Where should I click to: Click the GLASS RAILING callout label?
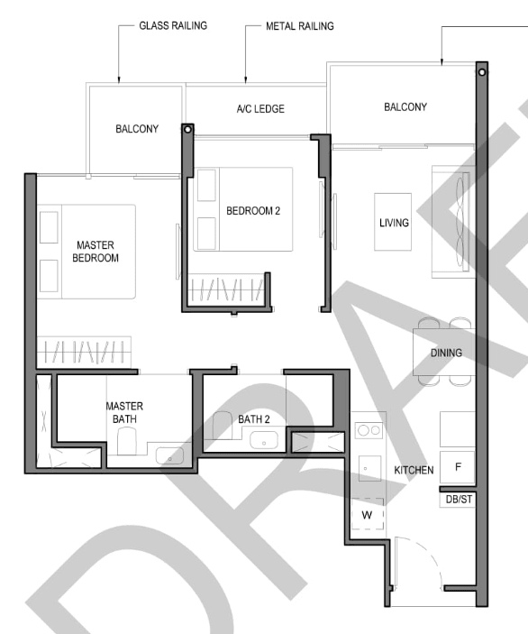tap(173, 26)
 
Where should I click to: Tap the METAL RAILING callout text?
tap(300, 26)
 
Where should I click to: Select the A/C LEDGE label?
tap(260, 109)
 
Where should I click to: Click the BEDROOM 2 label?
tap(253, 211)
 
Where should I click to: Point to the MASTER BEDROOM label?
tap(96, 252)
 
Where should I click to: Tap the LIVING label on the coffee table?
tap(394, 223)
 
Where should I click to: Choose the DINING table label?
tap(446, 353)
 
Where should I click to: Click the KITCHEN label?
tap(414, 470)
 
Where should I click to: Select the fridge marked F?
tap(458, 467)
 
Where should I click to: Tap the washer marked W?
tap(368, 514)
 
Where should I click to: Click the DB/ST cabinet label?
tap(459, 500)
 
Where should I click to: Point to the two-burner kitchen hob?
tap(369, 430)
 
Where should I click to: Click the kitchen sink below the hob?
tap(369, 468)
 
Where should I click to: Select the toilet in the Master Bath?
tap(127, 442)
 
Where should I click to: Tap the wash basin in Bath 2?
tap(264, 440)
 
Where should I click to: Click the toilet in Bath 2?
tap(223, 425)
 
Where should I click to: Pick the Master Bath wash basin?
tap(169, 455)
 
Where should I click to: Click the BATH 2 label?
tap(254, 419)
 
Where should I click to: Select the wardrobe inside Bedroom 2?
tap(227, 289)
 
